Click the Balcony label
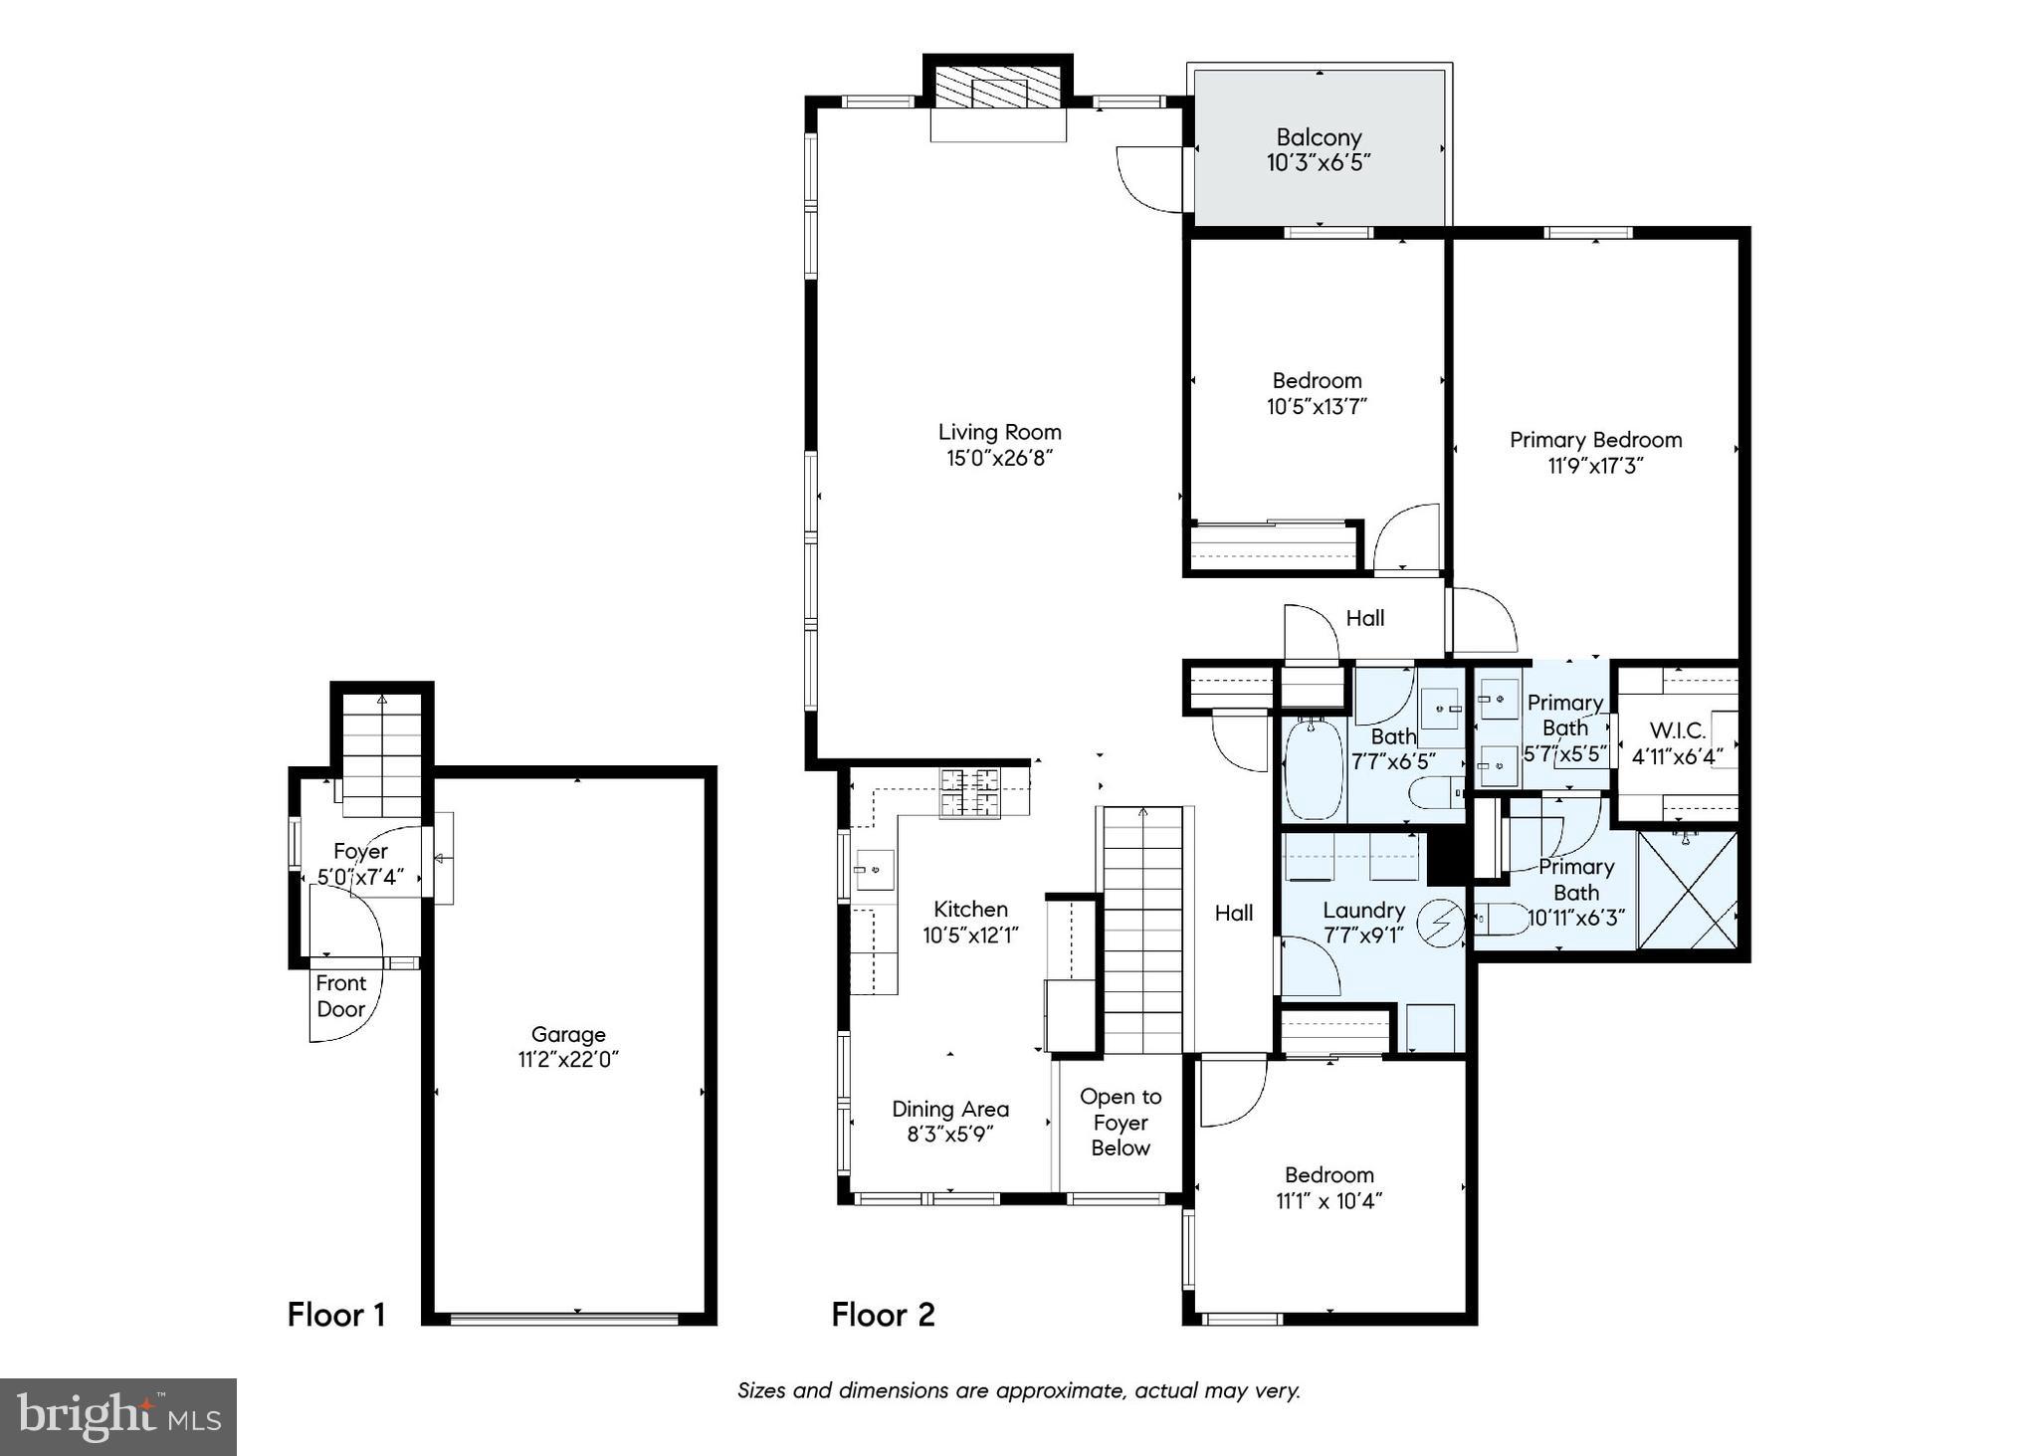(x=1319, y=138)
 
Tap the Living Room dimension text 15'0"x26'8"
(x=999, y=458)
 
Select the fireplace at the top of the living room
(x=998, y=89)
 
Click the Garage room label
(x=567, y=1035)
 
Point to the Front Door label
(x=341, y=996)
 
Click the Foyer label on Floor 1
(x=360, y=852)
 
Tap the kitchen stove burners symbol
(x=970, y=793)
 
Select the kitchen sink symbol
(x=875, y=870)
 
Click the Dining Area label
(x=949, y=1109)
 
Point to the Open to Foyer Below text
(x=1120, y=1122)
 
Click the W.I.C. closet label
(x=1677, y=730)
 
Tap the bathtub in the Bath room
(x=1313, y=768)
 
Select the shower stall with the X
(x=1687, y=890)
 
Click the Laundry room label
(x=1363, y=911)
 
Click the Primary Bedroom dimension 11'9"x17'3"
(x=1595, y=466)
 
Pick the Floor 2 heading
(x=883, y=1315)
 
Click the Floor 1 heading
(x=335, y=1315)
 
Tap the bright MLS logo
(x=118, y=1416)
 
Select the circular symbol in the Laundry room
(x=1440, y=923)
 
